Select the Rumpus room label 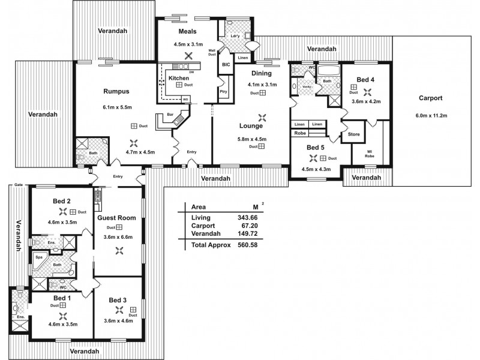pos(116,91)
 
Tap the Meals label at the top pos(189,31)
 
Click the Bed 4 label pos(365,80)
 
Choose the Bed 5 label pos(314,147)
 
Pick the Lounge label pos(250,126)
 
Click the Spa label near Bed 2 pos(40,255)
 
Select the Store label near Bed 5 pos(353,134)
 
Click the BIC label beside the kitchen pos(226,64)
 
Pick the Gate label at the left pos(19,185)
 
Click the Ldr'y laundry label pos(235,35)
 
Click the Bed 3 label pos(117,300)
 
